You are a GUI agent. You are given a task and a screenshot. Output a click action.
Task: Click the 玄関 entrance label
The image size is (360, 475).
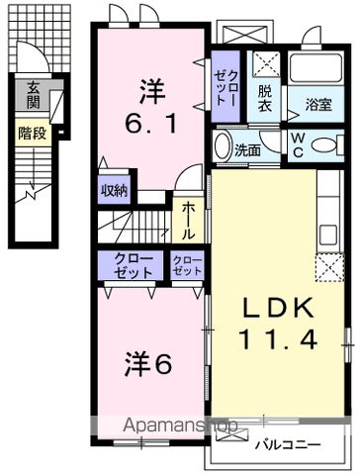click(34, 94)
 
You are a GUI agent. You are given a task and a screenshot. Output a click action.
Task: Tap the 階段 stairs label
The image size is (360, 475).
click(32, 131)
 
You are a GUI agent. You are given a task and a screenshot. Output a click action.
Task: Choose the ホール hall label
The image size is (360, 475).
click(186, 220)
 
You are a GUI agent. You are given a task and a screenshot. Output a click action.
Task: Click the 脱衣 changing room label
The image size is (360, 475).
click(265, 96)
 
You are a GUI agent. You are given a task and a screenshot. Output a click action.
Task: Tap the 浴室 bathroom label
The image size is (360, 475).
click(317, 102)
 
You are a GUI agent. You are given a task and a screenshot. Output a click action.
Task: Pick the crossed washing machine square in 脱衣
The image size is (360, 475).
click(264, 65)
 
